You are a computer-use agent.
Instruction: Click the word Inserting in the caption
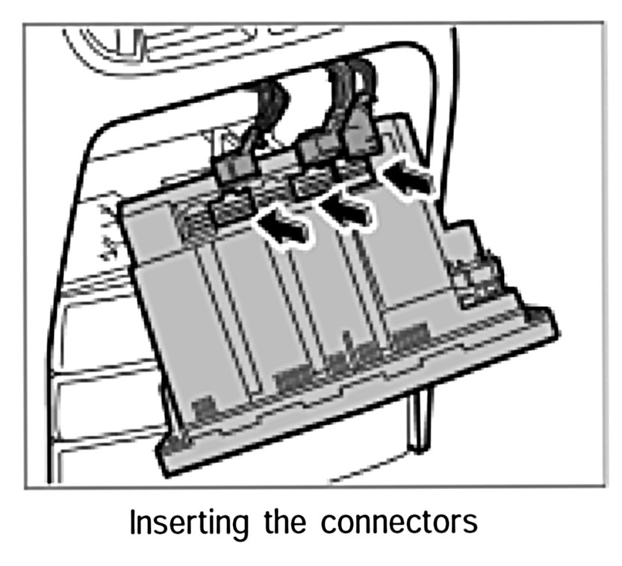190,523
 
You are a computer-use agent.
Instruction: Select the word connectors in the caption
399,523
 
